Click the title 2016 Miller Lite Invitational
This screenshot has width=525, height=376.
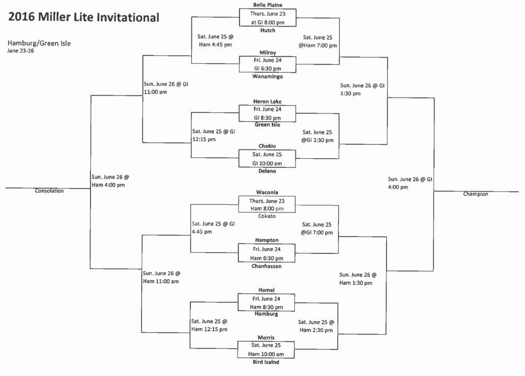84,17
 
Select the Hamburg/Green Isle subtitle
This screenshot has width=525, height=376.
39,43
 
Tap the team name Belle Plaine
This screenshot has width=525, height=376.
268,5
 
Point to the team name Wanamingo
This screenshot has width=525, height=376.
268,76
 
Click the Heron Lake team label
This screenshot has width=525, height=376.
267,101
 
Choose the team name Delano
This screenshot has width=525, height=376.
267,171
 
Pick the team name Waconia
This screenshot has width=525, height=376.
267,192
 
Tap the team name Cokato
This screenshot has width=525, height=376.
267,216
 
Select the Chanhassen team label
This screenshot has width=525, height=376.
267,266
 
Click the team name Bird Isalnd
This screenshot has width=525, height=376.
266,362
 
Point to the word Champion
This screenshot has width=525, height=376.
475,194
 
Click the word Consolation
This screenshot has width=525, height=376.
49,191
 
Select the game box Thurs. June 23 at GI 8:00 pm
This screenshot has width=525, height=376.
268,17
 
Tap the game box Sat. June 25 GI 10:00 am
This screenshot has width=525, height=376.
267,159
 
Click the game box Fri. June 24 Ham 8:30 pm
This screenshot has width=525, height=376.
266,303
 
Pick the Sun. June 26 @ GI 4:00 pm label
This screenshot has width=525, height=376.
410,183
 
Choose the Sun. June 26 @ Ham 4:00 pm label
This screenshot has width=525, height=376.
110,181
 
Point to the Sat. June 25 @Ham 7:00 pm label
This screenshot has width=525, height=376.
318,41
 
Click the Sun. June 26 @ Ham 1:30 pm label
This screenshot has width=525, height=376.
358,279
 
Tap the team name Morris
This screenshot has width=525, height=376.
266,337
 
